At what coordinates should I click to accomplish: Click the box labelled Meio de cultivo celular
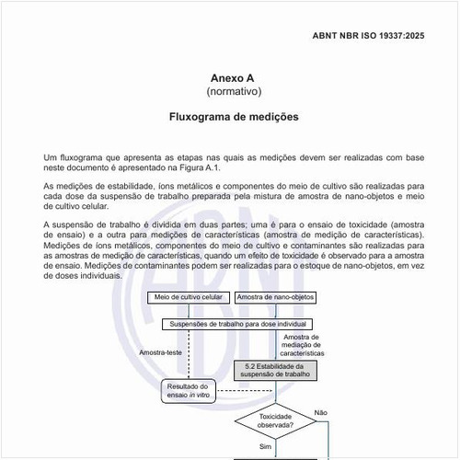tap(188, 297)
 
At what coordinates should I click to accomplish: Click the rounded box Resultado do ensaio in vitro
tap(190, 391)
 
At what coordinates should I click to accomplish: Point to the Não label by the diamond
tap(320, 412)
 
